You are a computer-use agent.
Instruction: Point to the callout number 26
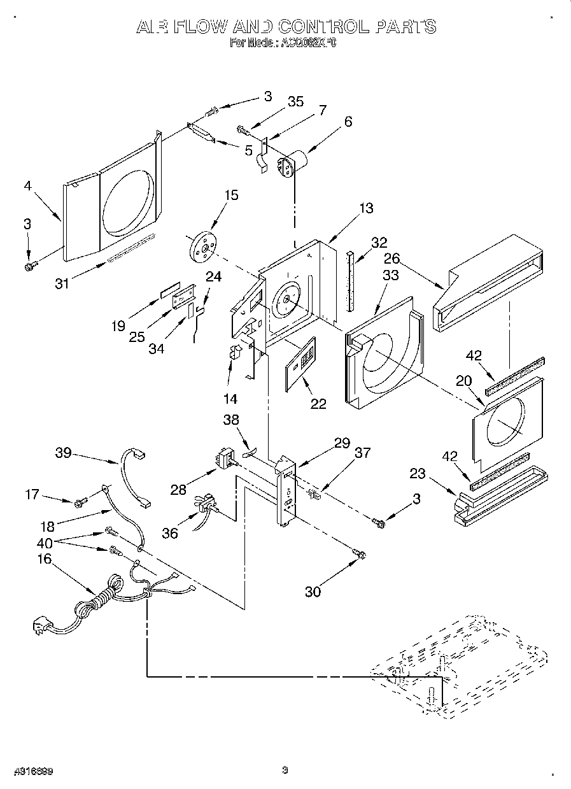point(392,259)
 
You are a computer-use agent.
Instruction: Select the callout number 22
point(318,403)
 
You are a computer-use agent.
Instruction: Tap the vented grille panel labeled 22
point(301,362)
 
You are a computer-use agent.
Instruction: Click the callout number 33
point(390,275)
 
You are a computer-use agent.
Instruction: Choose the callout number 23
point(435,473)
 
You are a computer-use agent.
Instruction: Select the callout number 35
point(295,102)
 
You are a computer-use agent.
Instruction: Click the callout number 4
point(27,187)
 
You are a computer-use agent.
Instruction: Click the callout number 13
point(365,208)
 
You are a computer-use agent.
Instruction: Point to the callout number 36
point(170,534)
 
